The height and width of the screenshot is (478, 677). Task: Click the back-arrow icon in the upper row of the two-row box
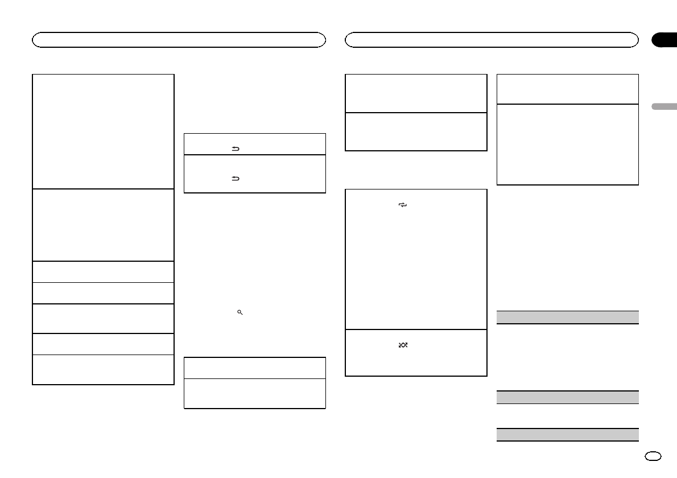[x=234, y=147]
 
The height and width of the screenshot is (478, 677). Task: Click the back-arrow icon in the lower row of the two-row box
[x=234, y=179]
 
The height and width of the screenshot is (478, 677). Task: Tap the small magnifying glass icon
[x=240, y=313]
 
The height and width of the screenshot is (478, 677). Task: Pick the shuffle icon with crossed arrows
[x=403, y=345]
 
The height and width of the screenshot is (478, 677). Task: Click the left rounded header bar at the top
[x=179, y=40]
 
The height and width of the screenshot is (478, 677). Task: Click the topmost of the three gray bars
[x=568, y=317]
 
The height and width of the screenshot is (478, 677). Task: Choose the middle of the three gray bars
[x=568, y=397]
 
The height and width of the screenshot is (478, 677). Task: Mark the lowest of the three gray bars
[x=568, y=434]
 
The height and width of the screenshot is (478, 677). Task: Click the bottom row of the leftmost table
[x=103, y=370]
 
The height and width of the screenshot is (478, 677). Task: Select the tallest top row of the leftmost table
[x=103, y=131]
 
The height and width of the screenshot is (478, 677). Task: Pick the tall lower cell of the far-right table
[x=568, y=144]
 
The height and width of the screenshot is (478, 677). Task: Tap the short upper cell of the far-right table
[x=568, y=89]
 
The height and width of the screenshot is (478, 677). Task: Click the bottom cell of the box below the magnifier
[x=254, y=393]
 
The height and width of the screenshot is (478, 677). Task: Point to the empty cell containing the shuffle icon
[x=416, y=352]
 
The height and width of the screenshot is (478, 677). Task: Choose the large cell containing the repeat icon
[x=416, y=259]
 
